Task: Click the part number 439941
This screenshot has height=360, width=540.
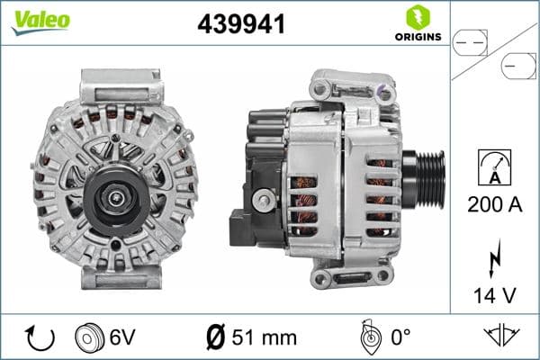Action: [x=241, y=25]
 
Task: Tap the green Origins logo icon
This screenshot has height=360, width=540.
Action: [x=417, y=17]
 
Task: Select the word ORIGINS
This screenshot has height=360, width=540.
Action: [x=417, y=37]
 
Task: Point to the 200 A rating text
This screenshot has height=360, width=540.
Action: [x=495, y=204]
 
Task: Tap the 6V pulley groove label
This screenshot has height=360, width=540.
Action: [x=123, y=337]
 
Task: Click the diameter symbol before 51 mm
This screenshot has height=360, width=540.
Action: [x=215, y=337]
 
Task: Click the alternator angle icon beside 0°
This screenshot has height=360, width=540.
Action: [x=367, y=337]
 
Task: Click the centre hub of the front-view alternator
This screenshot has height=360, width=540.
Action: [x=114, y=191]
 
